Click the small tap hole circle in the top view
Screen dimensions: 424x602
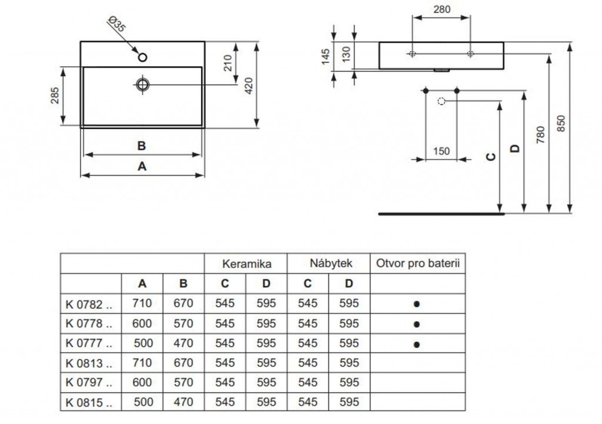tap(142, 58)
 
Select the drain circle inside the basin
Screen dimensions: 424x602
tap(142, 85)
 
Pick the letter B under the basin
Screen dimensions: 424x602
tap(142, 146)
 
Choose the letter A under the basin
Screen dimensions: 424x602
tap(142, 166)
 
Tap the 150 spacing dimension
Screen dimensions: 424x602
tap(441, 152)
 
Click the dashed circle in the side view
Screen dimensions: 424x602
tap(442, 102)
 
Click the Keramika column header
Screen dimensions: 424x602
tap(246, 264)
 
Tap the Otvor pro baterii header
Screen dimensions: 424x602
tap(417, 264)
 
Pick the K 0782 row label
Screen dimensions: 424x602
tap(85, 304)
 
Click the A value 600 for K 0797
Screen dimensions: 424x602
tap(142, 382)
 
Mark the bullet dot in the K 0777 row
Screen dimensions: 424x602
tap(417, 344)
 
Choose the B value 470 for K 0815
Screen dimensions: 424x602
tap(183, 402)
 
